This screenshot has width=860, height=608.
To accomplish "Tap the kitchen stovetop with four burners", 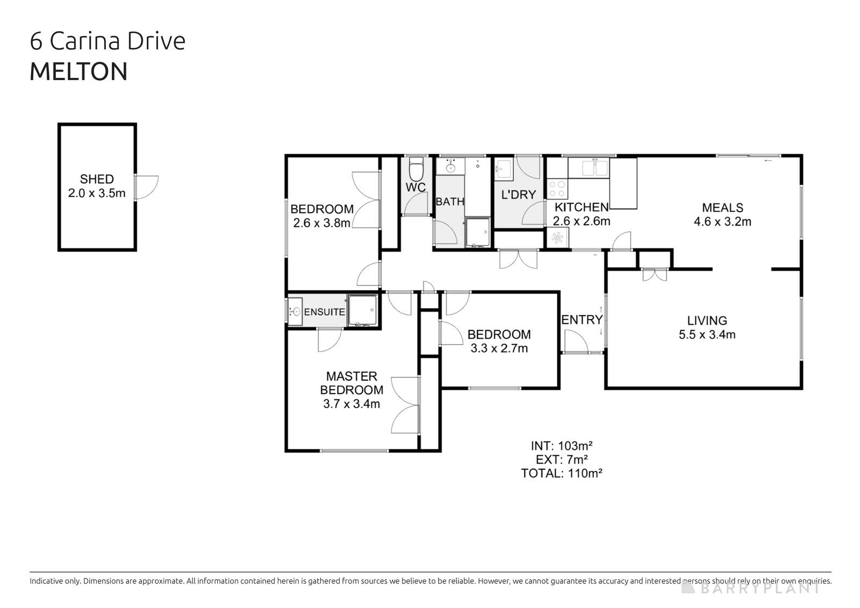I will [557, 189].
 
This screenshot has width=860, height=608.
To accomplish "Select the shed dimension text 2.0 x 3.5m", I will [97, 193].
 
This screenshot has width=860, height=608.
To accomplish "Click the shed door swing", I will [147, 188].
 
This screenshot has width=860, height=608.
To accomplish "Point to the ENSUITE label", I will [324, 312].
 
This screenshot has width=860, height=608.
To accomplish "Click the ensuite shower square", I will [362, 311].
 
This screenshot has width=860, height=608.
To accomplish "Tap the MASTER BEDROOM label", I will [352, 383].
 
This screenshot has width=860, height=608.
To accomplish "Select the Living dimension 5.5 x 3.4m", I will [707, 334].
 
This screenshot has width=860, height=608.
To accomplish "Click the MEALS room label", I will [722, 208].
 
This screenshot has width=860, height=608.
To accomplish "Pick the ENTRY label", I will [582, 320].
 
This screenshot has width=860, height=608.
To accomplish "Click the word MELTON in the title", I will [78, 72].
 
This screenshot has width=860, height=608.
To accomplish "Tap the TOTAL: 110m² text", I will [561, 473].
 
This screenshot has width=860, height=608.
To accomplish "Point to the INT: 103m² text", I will [561, 446].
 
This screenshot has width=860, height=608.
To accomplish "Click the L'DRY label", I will [518, 195].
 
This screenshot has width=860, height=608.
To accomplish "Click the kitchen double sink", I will [594, 168].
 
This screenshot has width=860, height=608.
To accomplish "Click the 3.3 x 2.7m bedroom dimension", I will [499, 348].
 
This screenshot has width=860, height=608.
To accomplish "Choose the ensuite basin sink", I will [295, 311].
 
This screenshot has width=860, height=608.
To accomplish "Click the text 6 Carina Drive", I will [107, 41].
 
